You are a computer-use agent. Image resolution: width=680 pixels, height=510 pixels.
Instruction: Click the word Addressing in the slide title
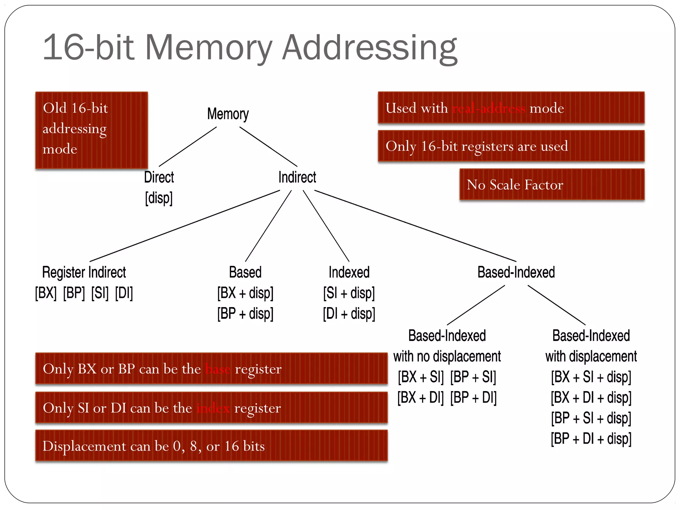point(370,48)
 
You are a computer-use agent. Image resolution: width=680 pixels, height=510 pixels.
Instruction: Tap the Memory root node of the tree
point(228,114)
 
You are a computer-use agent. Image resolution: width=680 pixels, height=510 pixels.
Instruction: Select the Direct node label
point(159,177)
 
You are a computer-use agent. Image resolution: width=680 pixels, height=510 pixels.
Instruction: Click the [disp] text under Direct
point(159,198)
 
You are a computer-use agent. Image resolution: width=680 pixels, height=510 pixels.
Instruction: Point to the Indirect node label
point(297,177)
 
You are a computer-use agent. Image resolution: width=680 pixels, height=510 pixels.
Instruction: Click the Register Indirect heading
point(84,273)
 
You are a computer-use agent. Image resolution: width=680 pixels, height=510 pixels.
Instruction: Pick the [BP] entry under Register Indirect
point(74,293)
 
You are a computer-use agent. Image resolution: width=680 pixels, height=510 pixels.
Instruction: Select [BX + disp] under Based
point(245,293)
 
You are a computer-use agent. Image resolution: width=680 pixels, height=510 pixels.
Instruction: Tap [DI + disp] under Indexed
point(349,314)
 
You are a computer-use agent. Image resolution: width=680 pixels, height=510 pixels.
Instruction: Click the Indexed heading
point(349,273)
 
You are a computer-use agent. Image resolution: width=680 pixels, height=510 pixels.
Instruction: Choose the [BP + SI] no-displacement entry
point(473,377)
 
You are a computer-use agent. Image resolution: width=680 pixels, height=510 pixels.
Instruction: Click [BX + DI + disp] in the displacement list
point(591,398)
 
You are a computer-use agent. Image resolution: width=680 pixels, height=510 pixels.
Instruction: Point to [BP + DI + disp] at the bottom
point(591,439)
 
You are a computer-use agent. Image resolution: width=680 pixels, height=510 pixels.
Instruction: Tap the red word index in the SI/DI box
point(213,408)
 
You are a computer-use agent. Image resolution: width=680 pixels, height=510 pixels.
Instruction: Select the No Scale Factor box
point(552,185)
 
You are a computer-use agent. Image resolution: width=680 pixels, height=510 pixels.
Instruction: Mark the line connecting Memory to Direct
point(188,147)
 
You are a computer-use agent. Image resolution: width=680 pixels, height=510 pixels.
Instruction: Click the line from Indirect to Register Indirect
point(185,226)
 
